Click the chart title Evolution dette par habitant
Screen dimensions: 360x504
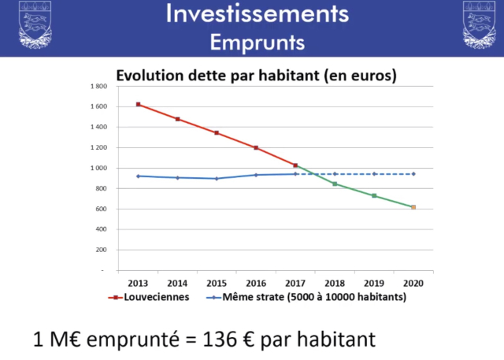(x=256, y=76)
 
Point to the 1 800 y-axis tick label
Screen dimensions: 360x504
(x=98, y=86)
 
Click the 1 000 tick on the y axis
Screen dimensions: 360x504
(x=98, y=168)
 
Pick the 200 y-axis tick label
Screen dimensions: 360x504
(x=101, y=250)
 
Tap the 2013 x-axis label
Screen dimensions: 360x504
(x=138, y=282)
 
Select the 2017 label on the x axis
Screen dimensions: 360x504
(x=295, y=282)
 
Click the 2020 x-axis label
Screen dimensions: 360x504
(x=413, y=282)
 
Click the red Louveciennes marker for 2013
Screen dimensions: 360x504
(x=138, y=104)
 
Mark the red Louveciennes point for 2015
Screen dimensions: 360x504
(x=217, y=133)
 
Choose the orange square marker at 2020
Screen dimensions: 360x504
(x=413, y=207)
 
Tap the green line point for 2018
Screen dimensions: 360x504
(x=335, y=184)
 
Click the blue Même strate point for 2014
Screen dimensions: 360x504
(x=177, y=177)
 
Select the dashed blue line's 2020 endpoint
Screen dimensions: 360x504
(x=413, y=174)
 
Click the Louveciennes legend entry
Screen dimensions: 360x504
(x=150, y=298)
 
